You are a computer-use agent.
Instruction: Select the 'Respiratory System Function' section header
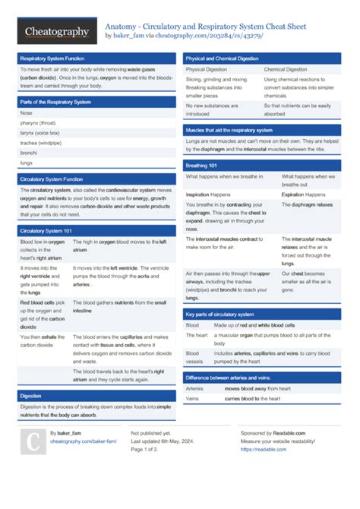click(52, 58)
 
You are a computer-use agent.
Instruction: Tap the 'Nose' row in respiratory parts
click(27, 112)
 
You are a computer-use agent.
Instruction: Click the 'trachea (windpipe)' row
click(41, 142)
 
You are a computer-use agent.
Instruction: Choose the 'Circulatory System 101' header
click(46, 230)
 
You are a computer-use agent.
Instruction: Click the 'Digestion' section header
click(31, 396)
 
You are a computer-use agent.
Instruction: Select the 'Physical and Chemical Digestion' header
click(223, 58)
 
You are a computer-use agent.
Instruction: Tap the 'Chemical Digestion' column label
click(286, 69)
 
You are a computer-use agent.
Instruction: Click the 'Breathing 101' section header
click(201, 165)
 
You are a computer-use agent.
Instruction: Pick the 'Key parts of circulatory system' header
click(220, 314)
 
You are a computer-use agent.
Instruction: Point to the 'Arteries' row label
click(194, 388)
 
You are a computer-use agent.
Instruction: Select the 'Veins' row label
click(192, 398)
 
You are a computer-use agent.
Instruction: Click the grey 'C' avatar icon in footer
click(33, 444)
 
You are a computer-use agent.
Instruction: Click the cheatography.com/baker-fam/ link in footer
click(84, 441)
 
